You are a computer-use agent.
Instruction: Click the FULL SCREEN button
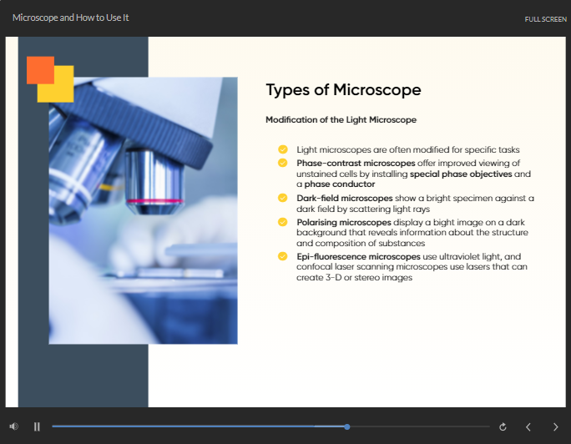click(545, 19)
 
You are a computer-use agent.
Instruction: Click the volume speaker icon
click(14, 426)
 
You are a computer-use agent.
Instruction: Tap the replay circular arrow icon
click(503, 426)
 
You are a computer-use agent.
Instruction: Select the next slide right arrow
click(555, 426)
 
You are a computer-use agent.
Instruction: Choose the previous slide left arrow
click(528, 426)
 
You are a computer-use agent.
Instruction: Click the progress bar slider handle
click(347, 426)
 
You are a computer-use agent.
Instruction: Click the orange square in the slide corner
click(40, 70)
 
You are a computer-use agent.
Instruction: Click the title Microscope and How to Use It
click(71, 18)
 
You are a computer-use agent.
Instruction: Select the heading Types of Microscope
click(343, 90)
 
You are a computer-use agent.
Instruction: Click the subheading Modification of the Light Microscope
click(341, 119)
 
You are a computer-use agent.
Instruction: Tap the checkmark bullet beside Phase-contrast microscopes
click(283, 163)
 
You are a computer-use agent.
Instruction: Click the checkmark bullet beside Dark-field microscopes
click(283, 198)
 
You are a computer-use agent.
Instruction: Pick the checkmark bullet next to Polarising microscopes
click(283, 222)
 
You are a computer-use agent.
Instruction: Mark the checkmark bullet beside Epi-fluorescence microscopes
click(283, 256)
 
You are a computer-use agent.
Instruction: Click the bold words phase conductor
click(340, 184)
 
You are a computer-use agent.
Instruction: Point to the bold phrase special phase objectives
click(461, 174)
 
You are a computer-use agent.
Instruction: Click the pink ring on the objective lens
click(154, 201)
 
